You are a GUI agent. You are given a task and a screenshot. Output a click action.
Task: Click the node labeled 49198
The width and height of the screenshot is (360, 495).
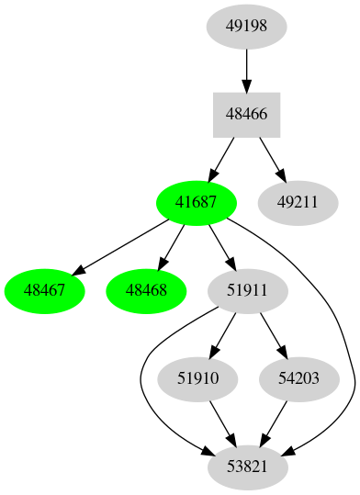tap(246, 26)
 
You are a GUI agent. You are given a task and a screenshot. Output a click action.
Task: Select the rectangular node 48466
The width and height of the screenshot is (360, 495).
tap(246, 115)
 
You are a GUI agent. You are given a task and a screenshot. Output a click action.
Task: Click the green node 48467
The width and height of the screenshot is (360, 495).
tap(45, 290)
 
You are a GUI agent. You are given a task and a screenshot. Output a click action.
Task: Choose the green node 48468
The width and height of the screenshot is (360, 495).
tap(146, 290)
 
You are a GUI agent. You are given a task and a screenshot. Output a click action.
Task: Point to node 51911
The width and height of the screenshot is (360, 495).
tap(247, 290)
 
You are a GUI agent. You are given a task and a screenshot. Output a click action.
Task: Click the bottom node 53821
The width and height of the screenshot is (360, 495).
tap(247, 467)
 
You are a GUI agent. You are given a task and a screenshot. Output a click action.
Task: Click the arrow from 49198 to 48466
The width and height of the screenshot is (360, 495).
tap(246, 70)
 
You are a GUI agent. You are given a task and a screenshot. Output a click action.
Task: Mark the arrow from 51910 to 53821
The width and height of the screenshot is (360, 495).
tap(221, 422)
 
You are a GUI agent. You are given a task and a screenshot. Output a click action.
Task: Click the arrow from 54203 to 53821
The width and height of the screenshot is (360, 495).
tap(273, 422)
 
